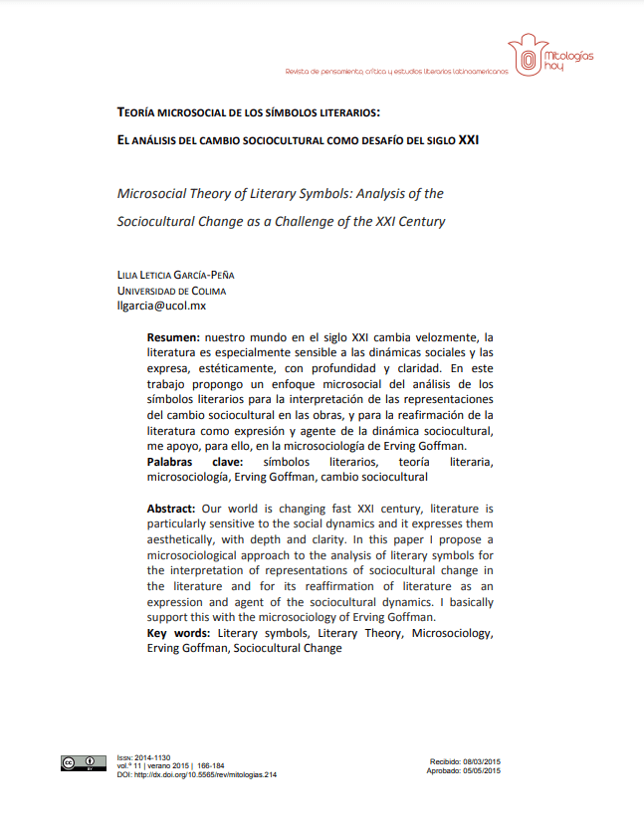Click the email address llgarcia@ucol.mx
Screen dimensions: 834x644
pyautogui.click(x=161, y=307)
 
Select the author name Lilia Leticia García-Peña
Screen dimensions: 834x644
pyautogui.click(x=176, y=275)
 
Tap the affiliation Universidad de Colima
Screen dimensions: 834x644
pyautogui.click(x=171, y=291)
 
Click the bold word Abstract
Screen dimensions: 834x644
pyautogui.click(x=171, y=509)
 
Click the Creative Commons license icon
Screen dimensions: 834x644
pyautogui.click(x=84, y=764)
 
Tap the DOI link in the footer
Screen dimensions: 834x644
pyautogui.click(x=196, y=774)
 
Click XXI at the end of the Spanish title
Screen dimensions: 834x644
pyautogui.click(x=468, y=140)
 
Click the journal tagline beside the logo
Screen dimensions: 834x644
pyautogui.click(x=396, y=72)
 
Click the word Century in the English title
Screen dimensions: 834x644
pyautogui.click(x=421, y=221)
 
